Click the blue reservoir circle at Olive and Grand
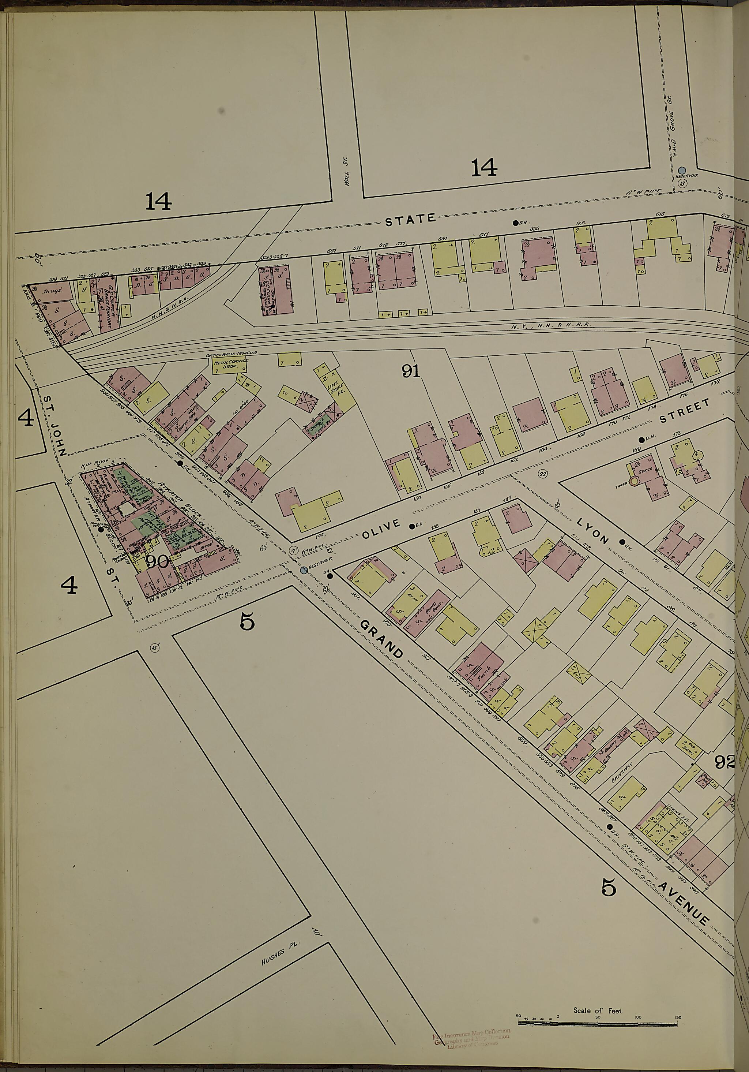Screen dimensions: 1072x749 [x=304, y=569]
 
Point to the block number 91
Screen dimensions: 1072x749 [x=411, y=371]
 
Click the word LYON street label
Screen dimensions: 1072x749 [x=592, y=532]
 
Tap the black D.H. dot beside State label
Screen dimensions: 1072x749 [x=515, y=223]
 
